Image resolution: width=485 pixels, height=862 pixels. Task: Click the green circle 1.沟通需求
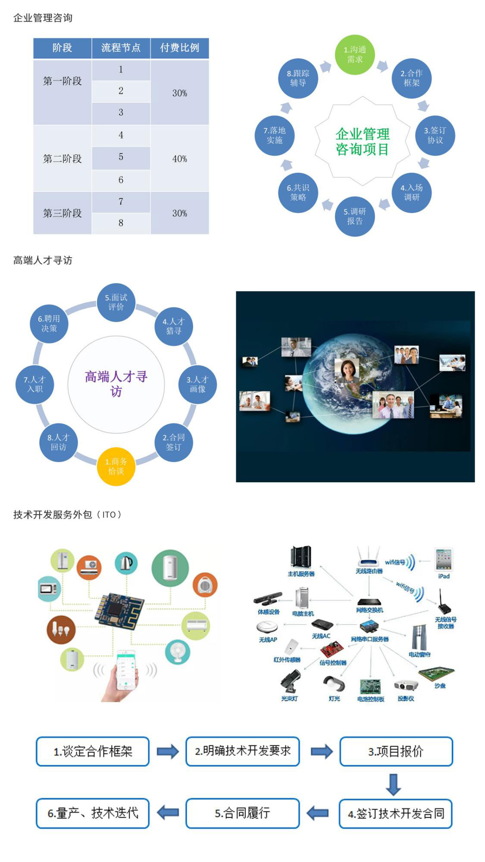coord(355,55)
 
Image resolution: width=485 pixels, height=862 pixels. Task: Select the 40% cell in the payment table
coord(179,159)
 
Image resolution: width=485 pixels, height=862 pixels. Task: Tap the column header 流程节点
coord(121,48)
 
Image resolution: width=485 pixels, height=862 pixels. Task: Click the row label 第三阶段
coord(62,213)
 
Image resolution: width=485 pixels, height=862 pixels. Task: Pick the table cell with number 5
coord(121,157)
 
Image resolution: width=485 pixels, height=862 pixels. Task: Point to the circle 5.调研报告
coord(354,216)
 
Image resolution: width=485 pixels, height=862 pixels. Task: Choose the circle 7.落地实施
coord(275,135)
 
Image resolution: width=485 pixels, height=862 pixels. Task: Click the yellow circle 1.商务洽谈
coord(116,466)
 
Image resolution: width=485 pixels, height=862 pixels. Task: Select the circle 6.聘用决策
coord(49,324)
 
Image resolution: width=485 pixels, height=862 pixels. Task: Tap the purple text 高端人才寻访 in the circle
coord(116,384)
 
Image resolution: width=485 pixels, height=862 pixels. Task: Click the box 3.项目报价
coord(396,751)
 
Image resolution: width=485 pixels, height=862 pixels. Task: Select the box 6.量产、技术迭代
coord(93,813)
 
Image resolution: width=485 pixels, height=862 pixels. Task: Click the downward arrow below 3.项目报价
coord(393,784)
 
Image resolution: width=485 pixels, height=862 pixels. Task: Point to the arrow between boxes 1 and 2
coord(167,751)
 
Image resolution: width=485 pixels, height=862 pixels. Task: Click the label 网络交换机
coord(369,610)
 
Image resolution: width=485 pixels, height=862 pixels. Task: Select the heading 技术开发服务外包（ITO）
coord(67,515)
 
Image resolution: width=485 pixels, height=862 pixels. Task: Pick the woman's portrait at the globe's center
coord(347,371)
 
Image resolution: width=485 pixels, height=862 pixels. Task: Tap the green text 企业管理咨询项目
coord(362,141)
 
